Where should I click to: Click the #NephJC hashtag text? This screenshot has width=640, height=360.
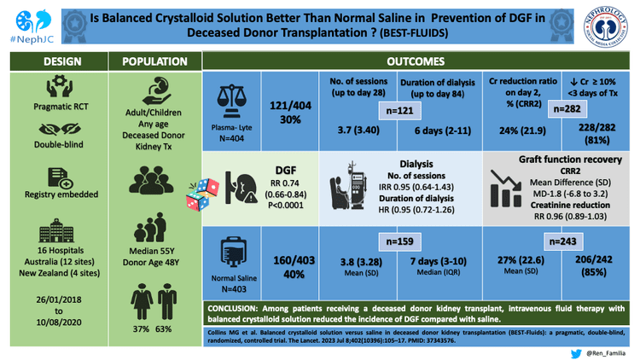(26, 38)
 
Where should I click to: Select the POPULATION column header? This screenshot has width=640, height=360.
(155, 62)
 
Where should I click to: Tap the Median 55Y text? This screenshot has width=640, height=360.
(155, 253)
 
